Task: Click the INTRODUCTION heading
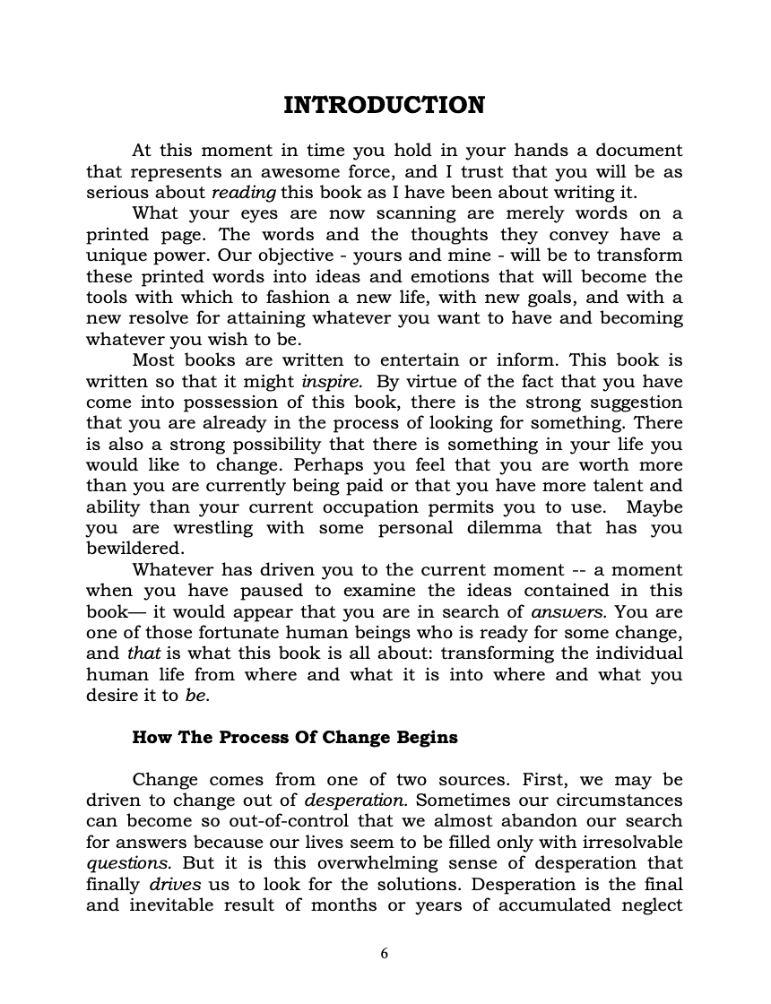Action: click(x=384, y=106)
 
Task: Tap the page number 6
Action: click(x=385, y=953)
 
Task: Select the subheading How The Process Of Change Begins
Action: click(x=295, y=738)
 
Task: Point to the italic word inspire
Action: click(x=332, y=381)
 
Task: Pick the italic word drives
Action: click(x=175, y=885)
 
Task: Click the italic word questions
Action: click(x=120, y=863)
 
